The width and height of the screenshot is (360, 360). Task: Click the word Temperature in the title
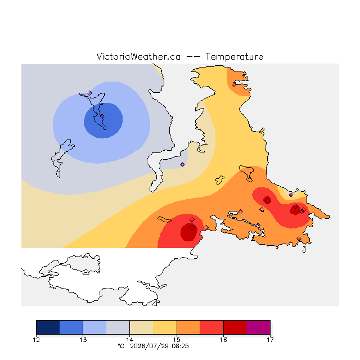tap(234, 57)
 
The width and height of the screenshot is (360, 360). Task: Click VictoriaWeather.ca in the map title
tap(138, 57)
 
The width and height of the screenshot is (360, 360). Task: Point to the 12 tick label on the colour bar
tap(36, 340)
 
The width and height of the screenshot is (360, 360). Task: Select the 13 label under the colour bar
tap(83, 340)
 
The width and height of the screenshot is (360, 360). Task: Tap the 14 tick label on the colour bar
tap(130, 340)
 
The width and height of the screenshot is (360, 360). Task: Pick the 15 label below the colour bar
tap(177, 340)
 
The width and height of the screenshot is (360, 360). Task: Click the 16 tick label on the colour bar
tap(223, 340)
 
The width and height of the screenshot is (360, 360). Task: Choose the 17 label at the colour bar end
tap(270, 340)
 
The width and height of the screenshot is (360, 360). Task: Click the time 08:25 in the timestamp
tap(180, 346)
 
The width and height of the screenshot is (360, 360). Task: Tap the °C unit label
tap(121, 346)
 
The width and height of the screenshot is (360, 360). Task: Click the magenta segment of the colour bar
tap(258, 327)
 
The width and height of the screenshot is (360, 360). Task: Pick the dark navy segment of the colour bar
tap(48, 327)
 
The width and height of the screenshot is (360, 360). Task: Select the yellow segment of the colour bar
tap(165, 327)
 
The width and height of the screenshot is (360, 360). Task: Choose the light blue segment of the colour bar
tap(94, 327)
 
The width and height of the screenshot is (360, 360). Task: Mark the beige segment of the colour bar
tap(141, 327)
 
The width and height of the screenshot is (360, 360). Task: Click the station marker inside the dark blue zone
tap(102, 116)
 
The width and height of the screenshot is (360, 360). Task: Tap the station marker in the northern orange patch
tap(234, 85)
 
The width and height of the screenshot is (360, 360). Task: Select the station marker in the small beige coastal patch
tap(291, 195)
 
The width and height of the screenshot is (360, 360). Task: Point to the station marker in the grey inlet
tap(182, 164)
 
